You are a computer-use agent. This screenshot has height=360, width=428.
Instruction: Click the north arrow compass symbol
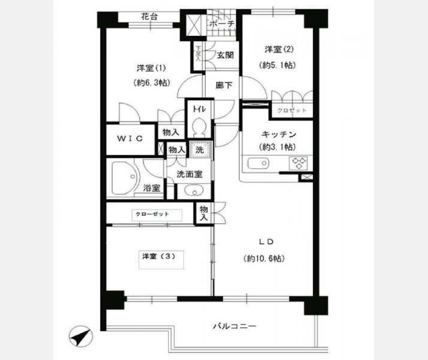point(81,337)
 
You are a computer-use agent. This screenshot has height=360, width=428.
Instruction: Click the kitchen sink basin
point(258,163)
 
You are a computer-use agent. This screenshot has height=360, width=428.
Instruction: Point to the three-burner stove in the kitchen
point(299,163)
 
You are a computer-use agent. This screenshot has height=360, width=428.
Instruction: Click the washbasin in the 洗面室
point(194,191)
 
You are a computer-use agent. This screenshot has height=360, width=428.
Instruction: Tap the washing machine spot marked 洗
point(200,149)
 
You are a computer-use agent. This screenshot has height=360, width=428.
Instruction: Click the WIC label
point(130,139)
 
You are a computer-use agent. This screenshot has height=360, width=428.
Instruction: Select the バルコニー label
point(235,326)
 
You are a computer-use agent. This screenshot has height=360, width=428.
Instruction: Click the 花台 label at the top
point(149,17)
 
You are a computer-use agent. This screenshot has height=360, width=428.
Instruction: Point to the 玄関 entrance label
point(225,55)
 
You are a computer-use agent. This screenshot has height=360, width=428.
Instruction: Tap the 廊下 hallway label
point(224,85)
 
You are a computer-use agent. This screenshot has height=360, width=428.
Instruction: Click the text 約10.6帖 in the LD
point(264,259)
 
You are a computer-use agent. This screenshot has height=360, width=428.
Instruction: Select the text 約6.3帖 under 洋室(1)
point(152,82)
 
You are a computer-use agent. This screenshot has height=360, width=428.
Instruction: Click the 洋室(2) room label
point(279,49)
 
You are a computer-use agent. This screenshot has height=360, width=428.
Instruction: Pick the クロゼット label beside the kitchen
point(292,110)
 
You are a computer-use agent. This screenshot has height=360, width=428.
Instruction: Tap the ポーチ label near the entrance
point(222,24)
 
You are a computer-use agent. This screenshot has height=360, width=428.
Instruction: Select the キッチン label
point(279,134)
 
